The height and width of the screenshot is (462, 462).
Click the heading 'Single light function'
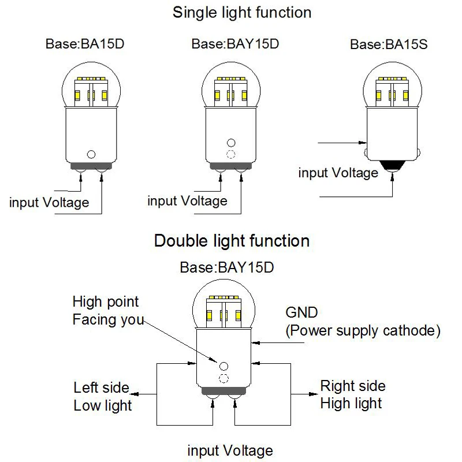(x=242, y=12)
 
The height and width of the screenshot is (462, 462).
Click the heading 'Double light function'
(x=232, y=240)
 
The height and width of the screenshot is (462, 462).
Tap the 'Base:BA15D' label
(x=84, y=44)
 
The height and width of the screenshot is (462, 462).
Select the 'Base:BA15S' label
(x=389, y=44)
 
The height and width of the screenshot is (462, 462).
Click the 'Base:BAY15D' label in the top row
(x=235, y=44)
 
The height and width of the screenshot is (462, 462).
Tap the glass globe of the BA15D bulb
(x=91, y=84)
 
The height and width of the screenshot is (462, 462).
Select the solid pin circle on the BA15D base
(x=91, y=154)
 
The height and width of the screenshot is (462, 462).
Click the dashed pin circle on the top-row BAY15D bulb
(x=231, y=154)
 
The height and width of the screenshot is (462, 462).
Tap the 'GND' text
(x=301, y=313)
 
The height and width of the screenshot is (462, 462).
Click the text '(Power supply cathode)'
(x=363, y=330)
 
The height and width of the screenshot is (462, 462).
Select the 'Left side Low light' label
(x=102, y=396)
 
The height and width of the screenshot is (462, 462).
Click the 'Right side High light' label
(x=352, y=394)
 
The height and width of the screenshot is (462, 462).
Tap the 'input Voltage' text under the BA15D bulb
(x=50, y=203)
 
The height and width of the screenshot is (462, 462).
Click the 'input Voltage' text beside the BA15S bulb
(x=338, y=173)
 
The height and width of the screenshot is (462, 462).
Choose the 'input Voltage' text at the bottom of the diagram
(x=230, y=450)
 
